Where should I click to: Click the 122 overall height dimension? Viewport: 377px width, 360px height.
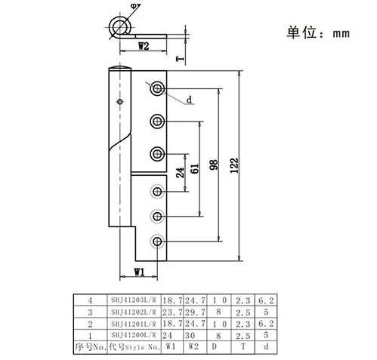pyautogui.click(x=234, y=165)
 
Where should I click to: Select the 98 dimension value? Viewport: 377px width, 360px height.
pyautogui.click(x=214, y=165)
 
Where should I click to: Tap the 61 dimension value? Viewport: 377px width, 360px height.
pyautogui.click(x=195, y=168)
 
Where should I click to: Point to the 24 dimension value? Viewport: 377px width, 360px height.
pyautogui.click(x=180, y=173)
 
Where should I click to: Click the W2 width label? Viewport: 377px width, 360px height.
pyautogui.click(x=144, y=46)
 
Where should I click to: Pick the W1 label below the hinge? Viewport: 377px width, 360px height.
pyautogui.click(x=139, y=272)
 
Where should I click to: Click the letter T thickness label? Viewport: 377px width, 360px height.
pyautogui.click(x=180, y=59)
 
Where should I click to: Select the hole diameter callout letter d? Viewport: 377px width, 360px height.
pyautogui.click(x=190, y=100)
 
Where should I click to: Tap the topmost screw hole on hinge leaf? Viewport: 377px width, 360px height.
pyautogui.click(x=157, y=88)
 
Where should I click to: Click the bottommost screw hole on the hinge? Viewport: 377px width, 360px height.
pyautogui.click(x=157, y=242)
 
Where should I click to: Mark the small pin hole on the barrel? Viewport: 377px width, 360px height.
pyautogui.click(x=120, y=102)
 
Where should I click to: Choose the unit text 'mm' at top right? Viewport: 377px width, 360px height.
pyautogui.click(x=341, y=33)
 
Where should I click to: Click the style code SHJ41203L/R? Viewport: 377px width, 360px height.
pyautogui.click(x=134, y=300)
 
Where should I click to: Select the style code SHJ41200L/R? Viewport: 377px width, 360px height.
pyautogui.click(x=134, y=335)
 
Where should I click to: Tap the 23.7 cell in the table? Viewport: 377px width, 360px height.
pyautogui.click(x=172, y=312)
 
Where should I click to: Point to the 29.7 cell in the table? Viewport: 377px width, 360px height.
pyautogui.click(x=195, y=312)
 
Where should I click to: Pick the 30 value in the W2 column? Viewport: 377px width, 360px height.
pyautogui.click(x=190, y=335)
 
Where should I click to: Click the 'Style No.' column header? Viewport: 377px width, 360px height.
pyautogui.click(x=142, y=347)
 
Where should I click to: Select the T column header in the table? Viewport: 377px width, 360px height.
pyautogui.click(x=243, y=346)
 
